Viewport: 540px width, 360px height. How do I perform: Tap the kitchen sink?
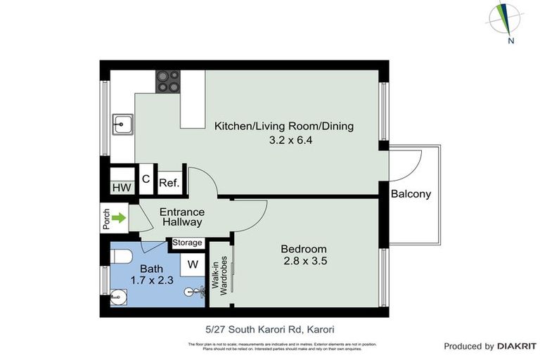click(124, 125)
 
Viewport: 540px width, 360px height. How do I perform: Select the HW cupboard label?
click(121, 188)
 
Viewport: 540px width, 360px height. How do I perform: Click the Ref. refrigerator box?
click(169, 183)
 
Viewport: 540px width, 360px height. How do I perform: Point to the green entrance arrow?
click(120, 218)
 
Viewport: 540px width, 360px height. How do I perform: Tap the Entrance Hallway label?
click(182, 217)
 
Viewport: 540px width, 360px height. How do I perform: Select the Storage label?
click(187, 243)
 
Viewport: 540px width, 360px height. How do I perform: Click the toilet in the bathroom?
click(120, 255)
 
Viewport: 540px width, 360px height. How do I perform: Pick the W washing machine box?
click(192, 266)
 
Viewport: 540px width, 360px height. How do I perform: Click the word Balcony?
click(411, 194)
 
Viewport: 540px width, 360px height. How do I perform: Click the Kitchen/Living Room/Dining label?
click(283, 127)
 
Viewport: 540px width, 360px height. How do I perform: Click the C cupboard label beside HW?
click(146, 179)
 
